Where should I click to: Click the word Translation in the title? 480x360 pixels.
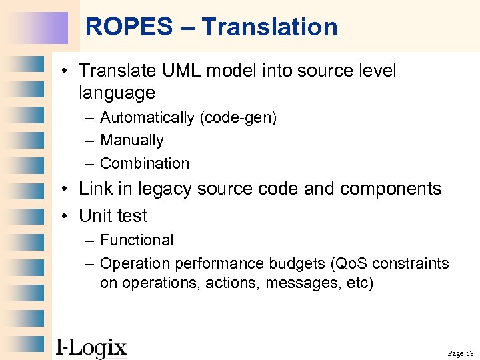[x=269, y=27]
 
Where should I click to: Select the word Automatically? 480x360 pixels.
[x=147, y=118]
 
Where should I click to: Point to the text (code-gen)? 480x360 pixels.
[x=238, y=118]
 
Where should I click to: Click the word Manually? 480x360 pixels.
[x=131, y=141]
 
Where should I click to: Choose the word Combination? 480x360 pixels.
[x=145, y=163]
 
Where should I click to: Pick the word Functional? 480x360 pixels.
[x=137, y=240]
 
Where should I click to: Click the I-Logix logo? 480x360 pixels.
[x=91, y=347]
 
